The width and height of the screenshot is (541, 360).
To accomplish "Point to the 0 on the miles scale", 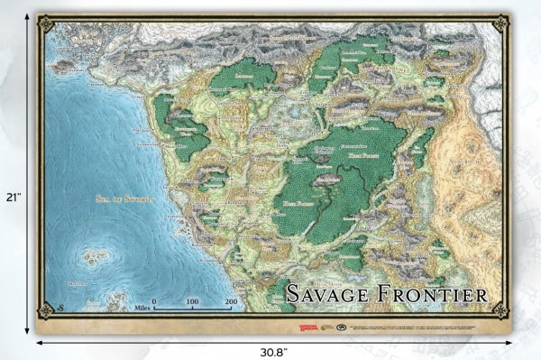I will tap(153, 300).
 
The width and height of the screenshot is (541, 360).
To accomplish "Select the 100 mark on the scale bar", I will tap(192, 300).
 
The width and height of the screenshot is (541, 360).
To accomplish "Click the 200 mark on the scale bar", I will tap(231, 300).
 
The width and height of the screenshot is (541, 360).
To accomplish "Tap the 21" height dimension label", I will tap(12, 196).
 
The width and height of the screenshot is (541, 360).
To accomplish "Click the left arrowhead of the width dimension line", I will tap(39, 342).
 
